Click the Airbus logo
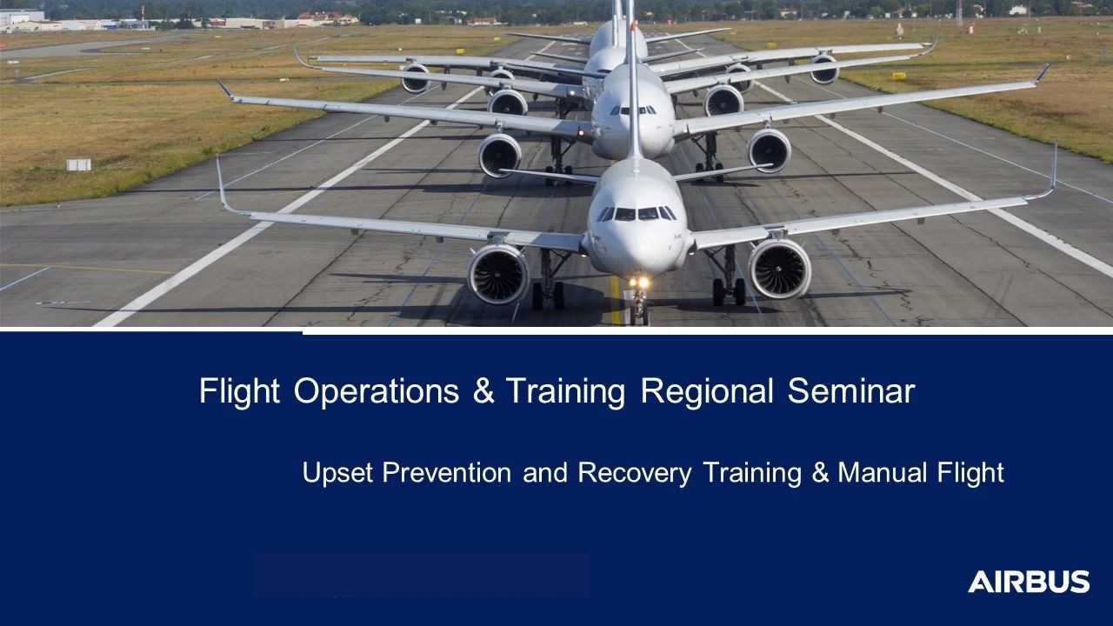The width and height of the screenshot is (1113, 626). (1029, 582)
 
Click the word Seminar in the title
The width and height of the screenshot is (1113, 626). (851, 391)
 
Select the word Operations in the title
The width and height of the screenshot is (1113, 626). (377, 392)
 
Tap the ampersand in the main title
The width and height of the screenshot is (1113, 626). (483, 391)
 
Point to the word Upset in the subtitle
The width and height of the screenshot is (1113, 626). (337, 472)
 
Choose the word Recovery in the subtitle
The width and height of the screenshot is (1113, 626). (635, 472)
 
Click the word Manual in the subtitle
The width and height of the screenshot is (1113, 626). (882, 472)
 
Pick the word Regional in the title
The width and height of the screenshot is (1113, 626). (707, 392)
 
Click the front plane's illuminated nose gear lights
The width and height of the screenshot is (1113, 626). (639, 283)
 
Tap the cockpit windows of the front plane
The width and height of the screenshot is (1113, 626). (636, 214)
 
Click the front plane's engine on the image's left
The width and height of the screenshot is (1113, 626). (498, 274)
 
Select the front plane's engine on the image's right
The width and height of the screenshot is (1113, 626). (779, 269)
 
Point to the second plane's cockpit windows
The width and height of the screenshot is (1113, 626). (633, 110)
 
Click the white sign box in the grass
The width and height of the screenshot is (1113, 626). (79, 165)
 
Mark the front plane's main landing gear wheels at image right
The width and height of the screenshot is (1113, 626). (729, 291)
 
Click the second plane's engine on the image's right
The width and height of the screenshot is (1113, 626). (770, 150)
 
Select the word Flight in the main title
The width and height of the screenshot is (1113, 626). (239, 392)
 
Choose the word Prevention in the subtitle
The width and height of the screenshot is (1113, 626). (447, 472)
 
